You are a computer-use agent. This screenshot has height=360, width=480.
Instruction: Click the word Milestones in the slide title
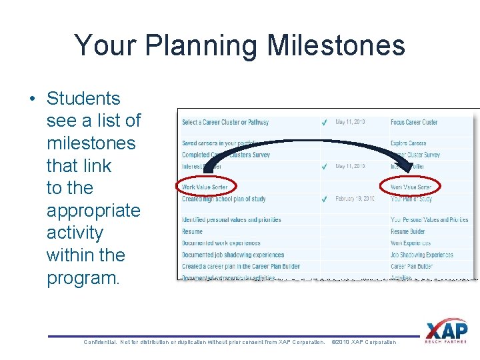(x=335, y=46)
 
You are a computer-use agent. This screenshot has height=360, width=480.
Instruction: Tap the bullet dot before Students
(x=32, y=99)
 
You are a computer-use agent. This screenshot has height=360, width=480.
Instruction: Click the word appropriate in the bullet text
(x=93, y=211)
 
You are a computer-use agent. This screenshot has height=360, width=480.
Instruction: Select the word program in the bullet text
(x=81, y=278)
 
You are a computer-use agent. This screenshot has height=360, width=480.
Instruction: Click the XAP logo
(x=447, y=332)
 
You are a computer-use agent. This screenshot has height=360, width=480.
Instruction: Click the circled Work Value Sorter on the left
(x=205, y=187)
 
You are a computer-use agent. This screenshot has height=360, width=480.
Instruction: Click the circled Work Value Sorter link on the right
(x=411, y=187)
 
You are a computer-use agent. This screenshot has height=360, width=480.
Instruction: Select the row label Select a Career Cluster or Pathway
(x=225, y=123)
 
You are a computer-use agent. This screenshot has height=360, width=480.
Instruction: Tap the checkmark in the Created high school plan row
(x=323, y=199)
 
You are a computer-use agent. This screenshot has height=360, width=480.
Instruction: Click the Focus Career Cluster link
(x=414, y=123)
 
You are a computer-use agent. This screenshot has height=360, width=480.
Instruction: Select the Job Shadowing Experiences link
(x=421, y=255)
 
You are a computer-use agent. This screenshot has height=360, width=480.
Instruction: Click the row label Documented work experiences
(x=221, y=243)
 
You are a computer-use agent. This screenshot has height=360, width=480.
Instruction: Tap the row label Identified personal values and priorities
(x=231, y=220)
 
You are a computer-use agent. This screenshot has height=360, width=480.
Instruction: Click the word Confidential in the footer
(x=100, y=342)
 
